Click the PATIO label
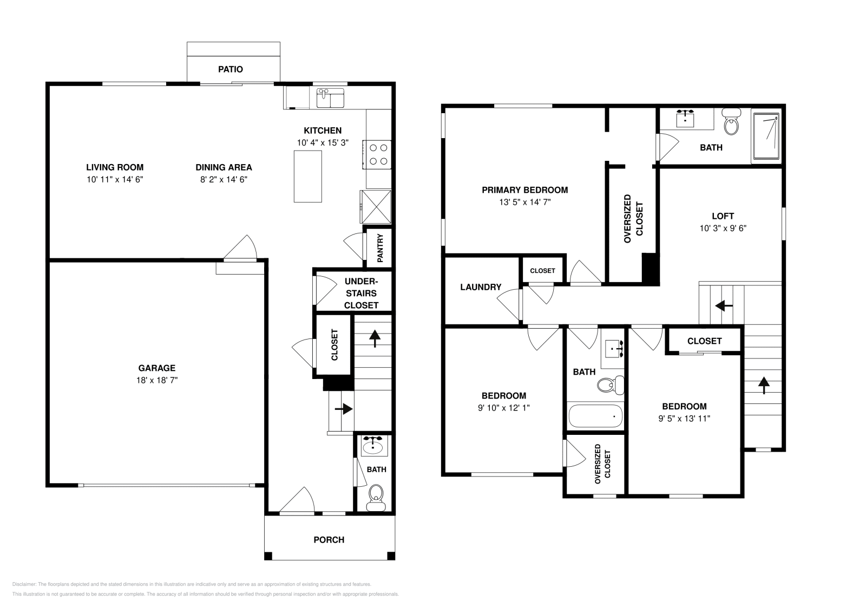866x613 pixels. point(231,69)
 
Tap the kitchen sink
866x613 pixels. point(330,98)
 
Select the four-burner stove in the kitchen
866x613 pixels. point(377,154)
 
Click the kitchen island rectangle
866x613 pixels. point(308,177)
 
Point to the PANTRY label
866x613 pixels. point(380,248)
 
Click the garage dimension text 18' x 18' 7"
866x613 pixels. point(157,380)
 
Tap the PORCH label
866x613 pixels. point(329,539)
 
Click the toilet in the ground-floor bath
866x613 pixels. point(376,498)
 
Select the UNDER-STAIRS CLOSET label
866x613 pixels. point(361,293)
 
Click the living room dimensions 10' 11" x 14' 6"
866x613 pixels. point(115,179)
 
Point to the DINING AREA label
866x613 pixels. point(224,167)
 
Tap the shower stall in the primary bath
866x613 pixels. point(765,136)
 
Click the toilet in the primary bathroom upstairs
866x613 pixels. point(731,122)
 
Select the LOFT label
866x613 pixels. point(723,216)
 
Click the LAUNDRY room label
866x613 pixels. point(481,287)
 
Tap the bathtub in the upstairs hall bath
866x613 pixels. point(595,416)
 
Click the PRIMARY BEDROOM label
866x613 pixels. point(525,190)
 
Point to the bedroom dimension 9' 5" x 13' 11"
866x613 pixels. point(684,419)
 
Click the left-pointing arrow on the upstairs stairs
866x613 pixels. point(724,306)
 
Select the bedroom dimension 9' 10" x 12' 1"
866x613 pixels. point(504,408)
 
